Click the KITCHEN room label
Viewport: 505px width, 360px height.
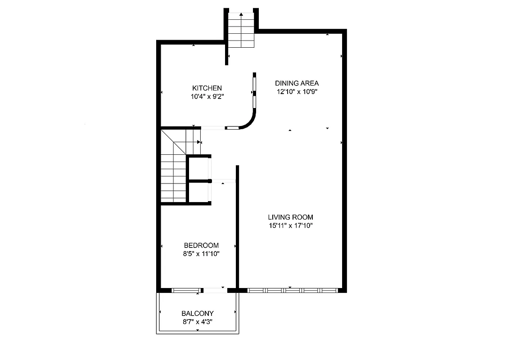pos(207,88)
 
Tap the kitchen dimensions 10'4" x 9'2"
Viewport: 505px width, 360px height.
pos(207,96)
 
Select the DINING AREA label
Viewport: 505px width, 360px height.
pos(297,83)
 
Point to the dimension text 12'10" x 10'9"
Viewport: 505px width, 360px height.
pos(297,91)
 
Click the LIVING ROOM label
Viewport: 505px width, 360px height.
pos(290,217)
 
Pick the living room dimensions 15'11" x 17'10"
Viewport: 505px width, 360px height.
pos(290,225)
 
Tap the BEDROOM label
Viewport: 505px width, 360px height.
pos(201,245)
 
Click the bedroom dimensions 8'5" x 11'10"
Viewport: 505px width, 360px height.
pos(201,254)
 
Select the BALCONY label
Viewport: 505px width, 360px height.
pos(198,313)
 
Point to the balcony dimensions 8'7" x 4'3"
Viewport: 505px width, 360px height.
pos(198,322)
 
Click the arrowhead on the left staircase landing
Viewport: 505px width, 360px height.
pos(199,142)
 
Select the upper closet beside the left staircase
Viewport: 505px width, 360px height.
pos(198,168)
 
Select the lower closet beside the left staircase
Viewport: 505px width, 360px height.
pos(198,192)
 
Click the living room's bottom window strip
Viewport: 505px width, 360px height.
pos(293,290)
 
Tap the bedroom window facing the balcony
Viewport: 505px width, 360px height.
pos(186,290)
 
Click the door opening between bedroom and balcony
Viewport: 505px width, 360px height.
pos(215,290)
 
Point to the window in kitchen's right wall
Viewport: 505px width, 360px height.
pos(254,92)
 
